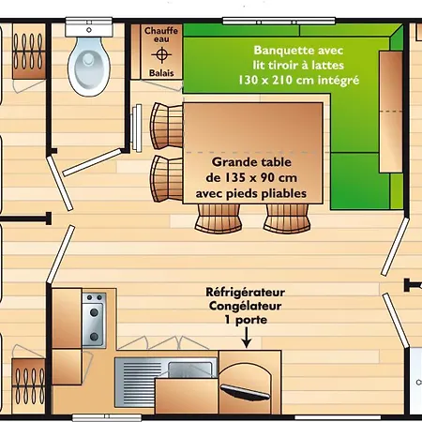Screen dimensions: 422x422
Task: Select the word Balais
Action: click(x=160, y=71)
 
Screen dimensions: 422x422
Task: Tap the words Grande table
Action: click(x=251, y=161)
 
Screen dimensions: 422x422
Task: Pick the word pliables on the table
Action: click(x=283, y=193)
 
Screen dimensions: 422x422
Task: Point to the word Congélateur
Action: click(x=246, y=306)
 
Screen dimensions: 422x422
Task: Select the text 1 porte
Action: click(x=246, y=319)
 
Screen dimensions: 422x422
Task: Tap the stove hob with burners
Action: click(x=94, y=319)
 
